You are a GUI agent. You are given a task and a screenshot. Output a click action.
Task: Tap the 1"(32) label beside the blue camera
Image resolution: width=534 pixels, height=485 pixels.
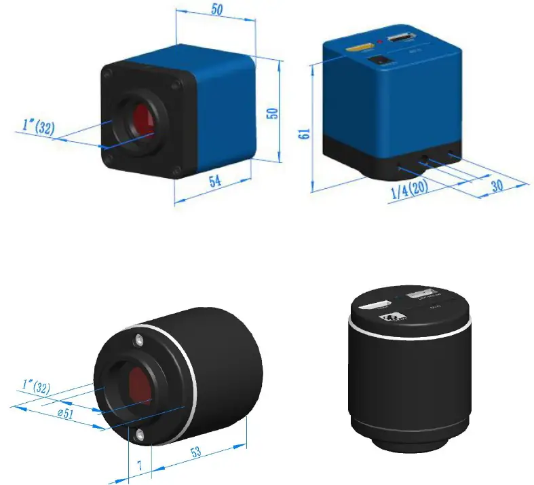coord(39,126)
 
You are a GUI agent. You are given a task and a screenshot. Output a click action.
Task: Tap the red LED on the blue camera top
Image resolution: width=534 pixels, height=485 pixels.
coord(380,43)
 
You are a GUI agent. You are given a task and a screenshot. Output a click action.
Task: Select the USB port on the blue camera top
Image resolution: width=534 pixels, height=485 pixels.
coord(402,39)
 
